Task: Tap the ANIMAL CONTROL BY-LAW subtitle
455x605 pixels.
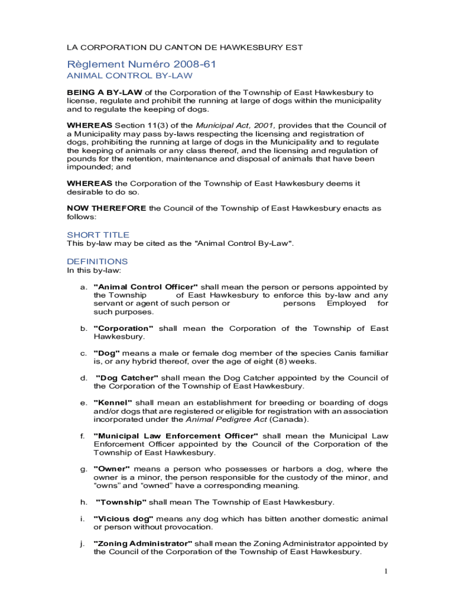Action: pyautogui.click(x=129, y=76)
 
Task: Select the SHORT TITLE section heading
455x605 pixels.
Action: pyautogui.click(x=98, y=235)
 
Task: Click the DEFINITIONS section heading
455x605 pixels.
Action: pyautogui.click(x=97, y=261)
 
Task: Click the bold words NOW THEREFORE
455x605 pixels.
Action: pyautogui.click(x=106, y=208)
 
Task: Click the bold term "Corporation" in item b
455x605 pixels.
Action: pyautogui.click(x=123, y=328)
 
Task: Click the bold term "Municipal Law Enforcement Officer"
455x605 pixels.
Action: pyautogui.click(x=175, y=435)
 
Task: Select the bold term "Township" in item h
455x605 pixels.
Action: pyautogui.click(x=121, y=502)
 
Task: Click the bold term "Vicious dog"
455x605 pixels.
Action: pyautogui.click(x=123, y=518)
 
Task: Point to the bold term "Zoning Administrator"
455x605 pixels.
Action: pyautogui.click(x=142, y=543)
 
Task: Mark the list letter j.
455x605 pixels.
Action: pyautogui.click(x=83, y=543)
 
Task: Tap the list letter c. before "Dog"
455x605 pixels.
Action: pyautogui.click(x=83, y=353)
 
